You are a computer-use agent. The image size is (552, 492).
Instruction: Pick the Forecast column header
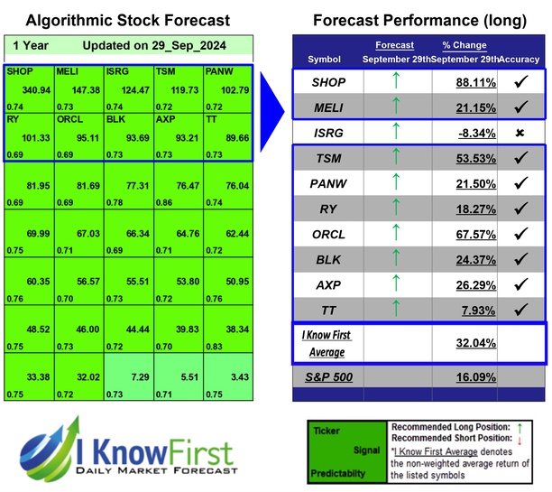click(394, 45)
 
